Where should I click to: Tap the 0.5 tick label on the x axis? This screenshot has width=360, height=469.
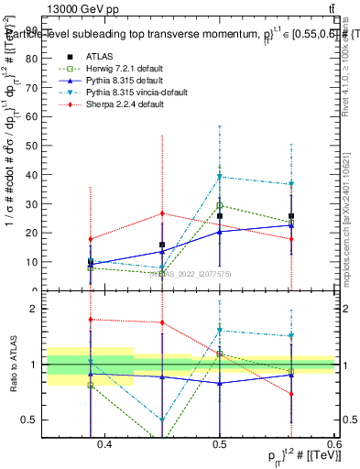tap(220, 444)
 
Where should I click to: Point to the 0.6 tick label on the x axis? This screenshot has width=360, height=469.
tap(332, 444)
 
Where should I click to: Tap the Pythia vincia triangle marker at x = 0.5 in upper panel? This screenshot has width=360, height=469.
tap(220, 177)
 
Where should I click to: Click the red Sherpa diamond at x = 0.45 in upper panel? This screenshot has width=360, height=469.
tap(162, 213)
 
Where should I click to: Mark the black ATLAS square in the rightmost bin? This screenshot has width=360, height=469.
tap(291, 216)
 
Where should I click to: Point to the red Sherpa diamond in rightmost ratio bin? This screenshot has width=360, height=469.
tap(291, 394)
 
